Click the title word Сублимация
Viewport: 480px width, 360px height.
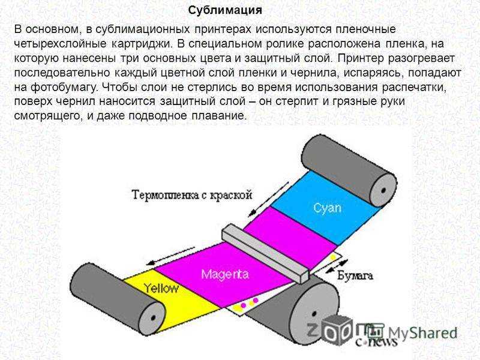[225, 11]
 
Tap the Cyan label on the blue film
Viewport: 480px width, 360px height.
[327, 209]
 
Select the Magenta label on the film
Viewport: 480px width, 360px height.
[224, 274]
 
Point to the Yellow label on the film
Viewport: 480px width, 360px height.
[161, 289]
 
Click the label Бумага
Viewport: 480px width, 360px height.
[355, 276]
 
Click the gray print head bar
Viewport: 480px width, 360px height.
[265, 253]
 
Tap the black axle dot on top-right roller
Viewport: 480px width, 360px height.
[383, 190]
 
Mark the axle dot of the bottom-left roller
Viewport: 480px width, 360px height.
[153, 317]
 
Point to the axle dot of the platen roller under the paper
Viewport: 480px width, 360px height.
[314, 314]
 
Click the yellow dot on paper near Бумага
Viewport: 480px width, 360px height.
[333, 257]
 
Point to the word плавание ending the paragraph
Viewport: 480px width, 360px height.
[218, 116]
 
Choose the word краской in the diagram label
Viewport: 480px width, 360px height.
[232, 195]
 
